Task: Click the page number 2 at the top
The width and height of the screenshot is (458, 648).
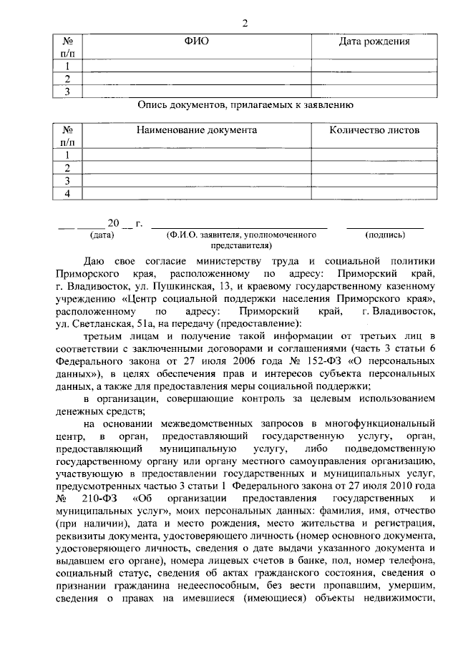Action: (244, 23)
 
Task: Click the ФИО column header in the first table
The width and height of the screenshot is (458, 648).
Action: (197, 41)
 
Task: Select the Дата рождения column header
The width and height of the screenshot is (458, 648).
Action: (374, 41)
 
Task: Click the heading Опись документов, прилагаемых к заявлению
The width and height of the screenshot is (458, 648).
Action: (245, 105)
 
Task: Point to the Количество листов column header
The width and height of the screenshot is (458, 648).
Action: (374, 131)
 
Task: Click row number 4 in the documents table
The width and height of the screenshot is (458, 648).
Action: (67, 194)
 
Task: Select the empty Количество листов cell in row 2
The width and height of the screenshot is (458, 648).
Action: (374, 168)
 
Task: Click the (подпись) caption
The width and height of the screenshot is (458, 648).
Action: (384, 235)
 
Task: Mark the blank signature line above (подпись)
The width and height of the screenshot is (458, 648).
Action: (384, 226)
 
